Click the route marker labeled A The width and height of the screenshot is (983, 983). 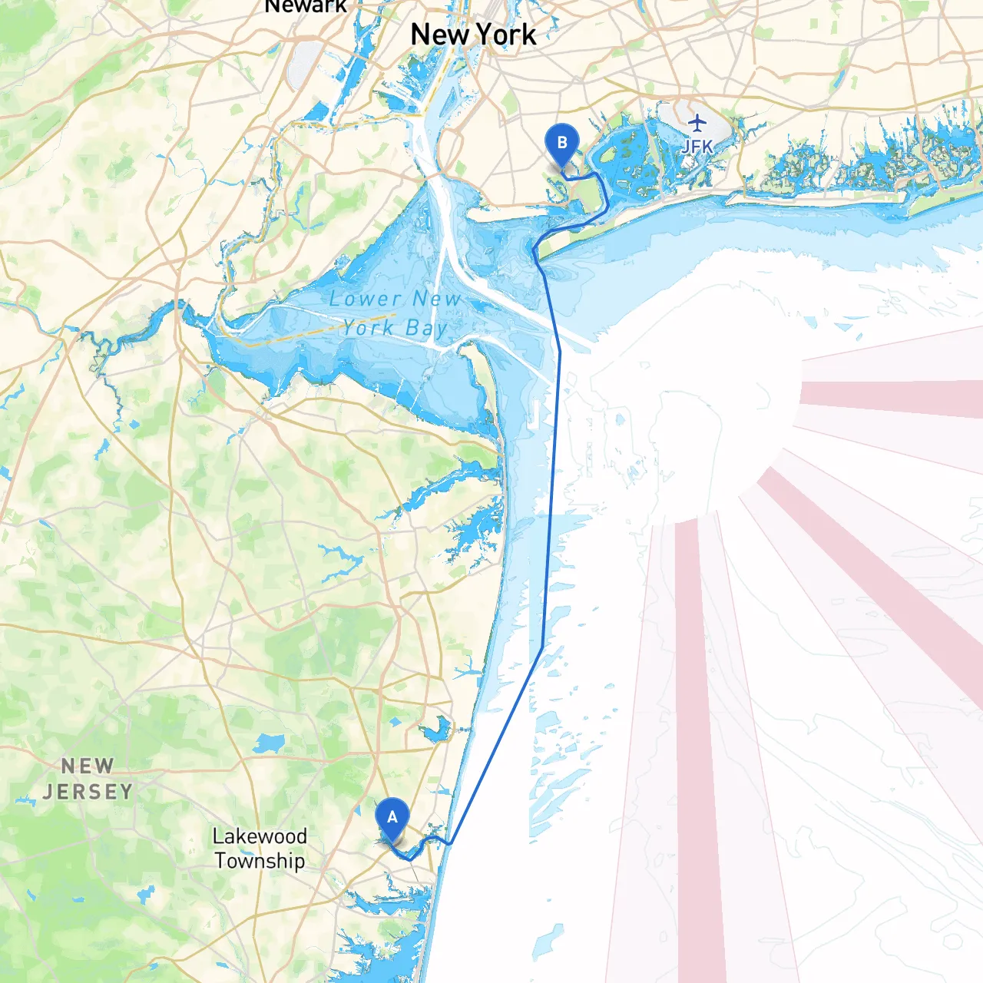point(392,819)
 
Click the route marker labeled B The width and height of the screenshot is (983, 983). point(561,144)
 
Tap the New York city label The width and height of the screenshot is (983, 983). point(473,35)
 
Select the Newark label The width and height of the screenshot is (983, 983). point(305,6)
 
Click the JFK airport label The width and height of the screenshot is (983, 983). point(697,146)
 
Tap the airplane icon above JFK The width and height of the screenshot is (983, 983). point(697,123)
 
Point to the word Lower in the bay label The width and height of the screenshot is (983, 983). point(365,299)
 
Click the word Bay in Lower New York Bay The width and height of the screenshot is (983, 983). point(426,329)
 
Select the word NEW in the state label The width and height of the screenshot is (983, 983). point(88,766)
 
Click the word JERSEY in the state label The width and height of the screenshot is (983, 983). point(88,791)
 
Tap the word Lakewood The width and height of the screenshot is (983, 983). point(260,836)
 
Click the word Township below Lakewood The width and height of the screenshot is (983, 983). point(260,860)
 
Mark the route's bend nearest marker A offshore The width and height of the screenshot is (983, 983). point(451,842)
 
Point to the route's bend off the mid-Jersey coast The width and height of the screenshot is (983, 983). point(542,647)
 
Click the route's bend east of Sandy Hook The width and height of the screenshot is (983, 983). point(559,352)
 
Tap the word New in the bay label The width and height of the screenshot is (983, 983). point(437,299)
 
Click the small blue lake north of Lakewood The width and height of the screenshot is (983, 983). point(268,743)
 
